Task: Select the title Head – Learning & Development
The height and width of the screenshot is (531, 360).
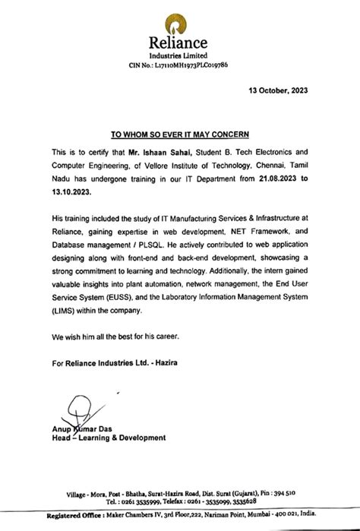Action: pos(109,438)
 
